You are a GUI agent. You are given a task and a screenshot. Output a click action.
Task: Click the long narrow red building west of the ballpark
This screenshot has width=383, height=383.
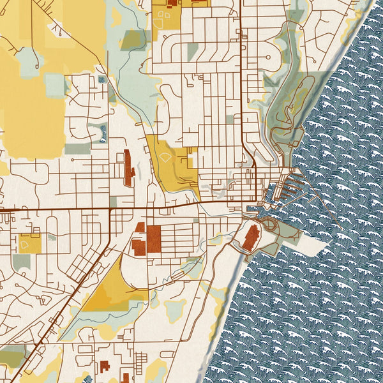point(128,168)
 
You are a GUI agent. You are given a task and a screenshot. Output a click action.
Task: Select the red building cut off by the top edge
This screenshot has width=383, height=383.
point(172,3)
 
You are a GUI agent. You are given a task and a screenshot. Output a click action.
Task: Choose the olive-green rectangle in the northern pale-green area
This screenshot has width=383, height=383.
point(133,40)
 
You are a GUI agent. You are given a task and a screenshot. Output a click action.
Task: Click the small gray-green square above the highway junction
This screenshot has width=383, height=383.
point(113,201)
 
